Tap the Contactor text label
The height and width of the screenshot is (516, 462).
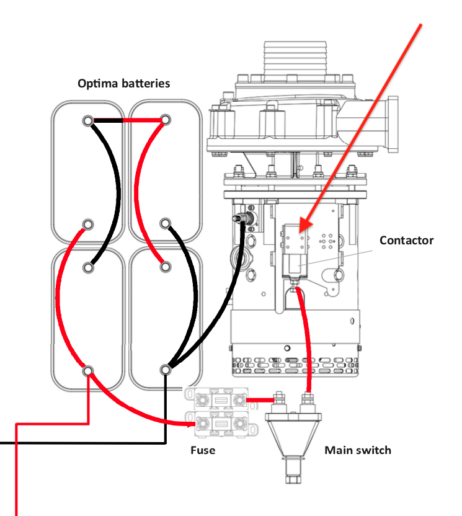pos(406,240)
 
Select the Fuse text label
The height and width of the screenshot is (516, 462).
pos(203,450)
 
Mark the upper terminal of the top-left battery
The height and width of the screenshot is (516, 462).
pos(88,120)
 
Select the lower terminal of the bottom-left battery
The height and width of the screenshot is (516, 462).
pos(88,371)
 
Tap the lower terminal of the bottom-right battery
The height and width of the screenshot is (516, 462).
pos(165,370)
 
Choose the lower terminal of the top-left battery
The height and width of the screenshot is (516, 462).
pos(88,223)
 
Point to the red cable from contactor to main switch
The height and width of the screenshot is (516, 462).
pos(306,341)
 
